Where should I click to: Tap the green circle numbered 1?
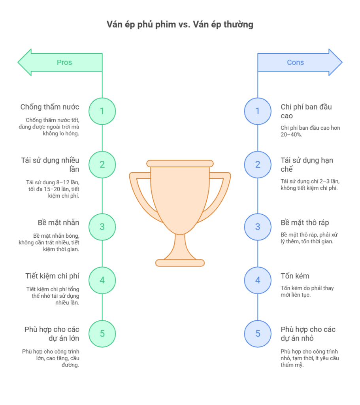pyautogui.click(x=102, y=111)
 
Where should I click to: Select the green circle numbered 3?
pyautogui.click(x=102, y=227)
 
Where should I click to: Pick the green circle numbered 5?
pyautogui.click(x=102, y=334)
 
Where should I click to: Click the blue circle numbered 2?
pyautogui.click(x=258, y=165)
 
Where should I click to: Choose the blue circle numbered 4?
pyautogui.click(x=258, y=280)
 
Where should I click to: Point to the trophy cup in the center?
pyautogui.click(x=180, y=198)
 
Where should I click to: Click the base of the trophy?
pyautogui.click(x=180, y=263)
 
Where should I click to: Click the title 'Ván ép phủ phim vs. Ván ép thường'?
pyautogui.click(x=180, y=25)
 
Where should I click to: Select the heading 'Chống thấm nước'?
pyautogui.click(x=50, y=107)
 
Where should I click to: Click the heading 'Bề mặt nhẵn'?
pyautogui.click(x=58, y=223)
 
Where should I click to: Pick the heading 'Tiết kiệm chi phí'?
pyautogui.click(x=53, y=276)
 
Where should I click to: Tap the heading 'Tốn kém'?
pyautogui.click(x=295, y=276)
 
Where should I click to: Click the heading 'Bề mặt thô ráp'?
pyautogui.click(x=305, y=223)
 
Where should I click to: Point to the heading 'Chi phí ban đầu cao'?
pyautogui.click(x=306, y=111)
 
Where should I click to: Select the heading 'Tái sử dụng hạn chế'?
pyautogui.click(x=307, y=165)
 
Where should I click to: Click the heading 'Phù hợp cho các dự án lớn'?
pyautogui.click(x=52, y=334)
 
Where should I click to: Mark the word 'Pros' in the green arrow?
pyautogui.click(x=64, y=62)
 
